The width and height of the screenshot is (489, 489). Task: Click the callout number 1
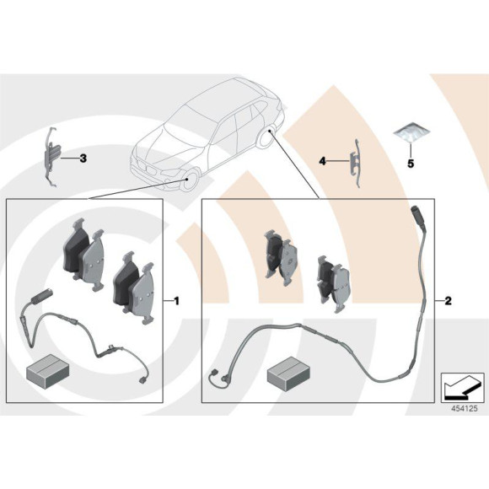pyautogui.click(x=176, y=301)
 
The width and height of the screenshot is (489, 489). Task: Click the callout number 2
pyautogui.click(x=448, y=301)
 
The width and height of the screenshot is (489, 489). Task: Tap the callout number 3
pyautogui.click(x=83, y=159)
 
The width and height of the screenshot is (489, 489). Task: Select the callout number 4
pyautogui.click(x=322, y=161)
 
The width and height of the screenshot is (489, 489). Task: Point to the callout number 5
pyautogui.click(x=411, y=163)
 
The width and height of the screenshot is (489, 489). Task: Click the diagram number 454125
pyautogui.click(x=465, y=409)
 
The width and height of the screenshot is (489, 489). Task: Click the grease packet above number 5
pyautogui.click(x=411, y=132)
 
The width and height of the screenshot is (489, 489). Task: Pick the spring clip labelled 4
pyautogui.click(x=357, y=163)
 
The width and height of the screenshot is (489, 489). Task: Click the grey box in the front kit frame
pyautogui.click(x=47, y=372)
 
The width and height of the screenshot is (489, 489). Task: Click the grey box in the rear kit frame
pyautogui.click(x=289, y=374)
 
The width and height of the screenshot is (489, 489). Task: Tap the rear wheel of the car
pyautogui.click(x=267, y=137)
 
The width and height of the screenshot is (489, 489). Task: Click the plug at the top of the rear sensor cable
pyautogui.click(x=417, y=214)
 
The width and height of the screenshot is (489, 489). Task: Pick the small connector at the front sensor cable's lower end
pyautogui.click(x=142, y=380)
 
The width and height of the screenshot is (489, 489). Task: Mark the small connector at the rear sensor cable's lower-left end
pyautogui.click(x=213, y=373)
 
